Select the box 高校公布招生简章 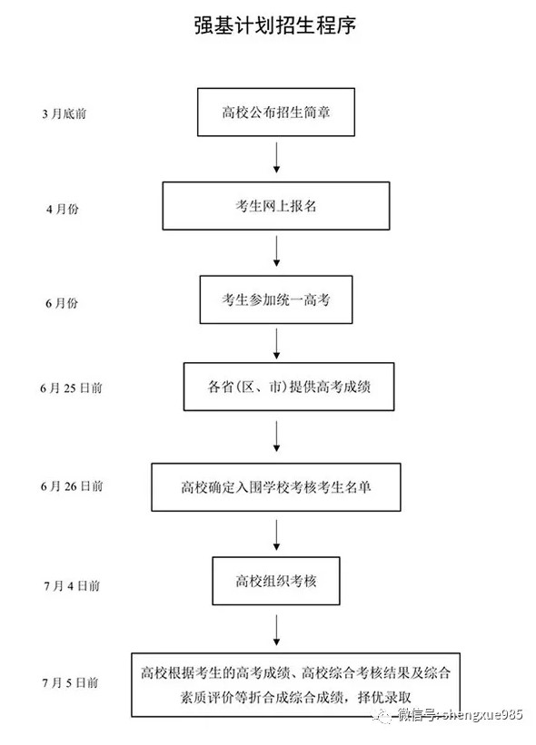pos(275,112)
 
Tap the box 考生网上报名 pos(275,206)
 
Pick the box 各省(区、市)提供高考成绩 pos(275,388)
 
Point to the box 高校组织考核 pos(275,580)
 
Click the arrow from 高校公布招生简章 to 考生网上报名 pos(275,157)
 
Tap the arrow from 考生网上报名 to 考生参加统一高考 pos(275,251)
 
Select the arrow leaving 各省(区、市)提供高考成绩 pos(275,437)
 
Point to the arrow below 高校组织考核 pos(275,629)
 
